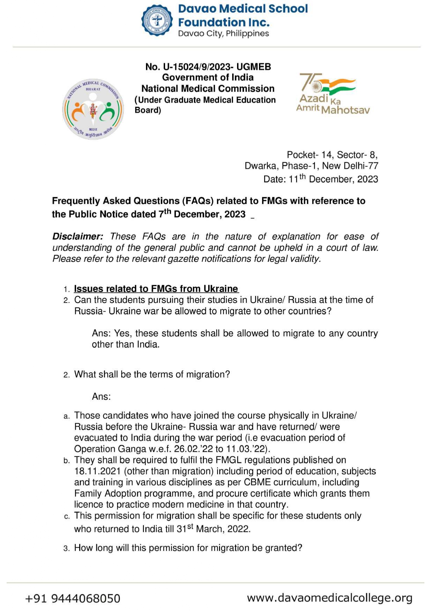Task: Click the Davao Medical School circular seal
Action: (x=157, y=20)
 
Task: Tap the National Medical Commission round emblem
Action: (x=93, y=109)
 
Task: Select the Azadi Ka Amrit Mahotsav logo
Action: (x=333, y=94)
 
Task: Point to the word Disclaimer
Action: (x=78, y=236)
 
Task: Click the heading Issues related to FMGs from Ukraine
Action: (x=156, y=289)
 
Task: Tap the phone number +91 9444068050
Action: (x=73, y=598)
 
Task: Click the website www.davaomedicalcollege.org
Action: (x=330, y=598)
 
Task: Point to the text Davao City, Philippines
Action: (x=223, y=34)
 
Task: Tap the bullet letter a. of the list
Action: (x=67, y=416)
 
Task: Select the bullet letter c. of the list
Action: (x=67, y=516)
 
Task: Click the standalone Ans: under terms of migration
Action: (x=101, y=397)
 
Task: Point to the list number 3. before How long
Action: (x=67, y=548)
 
